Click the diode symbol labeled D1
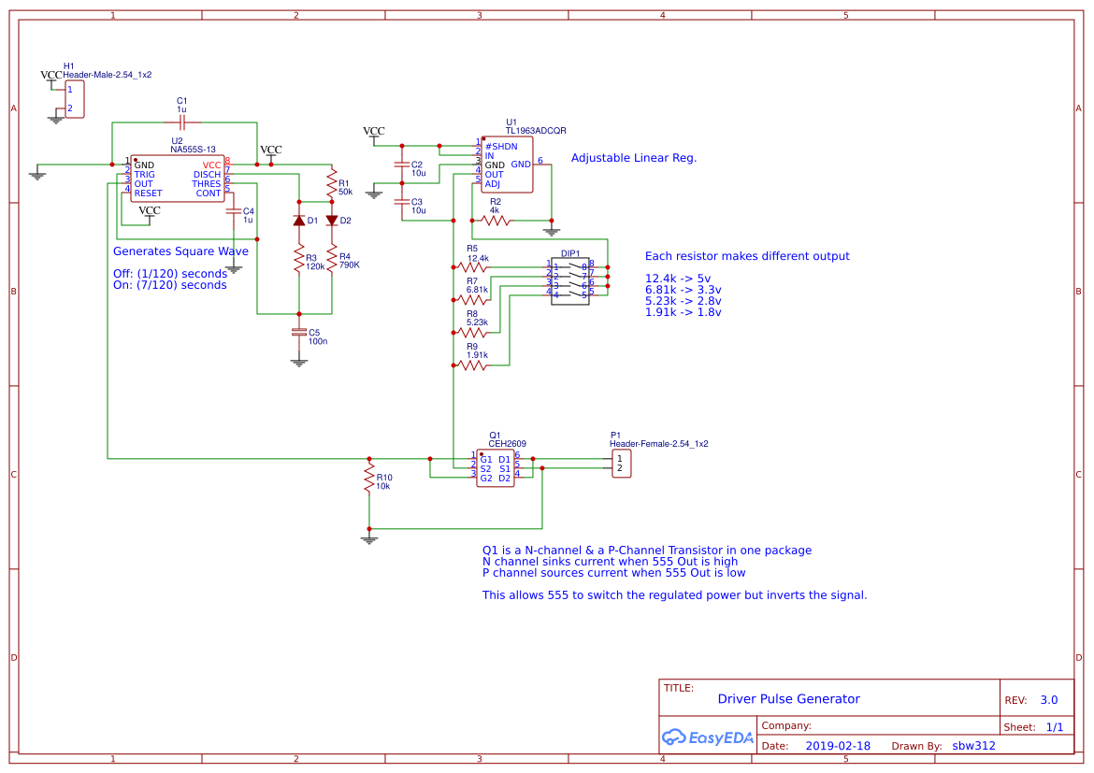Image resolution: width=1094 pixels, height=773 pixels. click(x=299, y=221)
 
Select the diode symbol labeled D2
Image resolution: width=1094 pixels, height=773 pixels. click(x=331, y=221)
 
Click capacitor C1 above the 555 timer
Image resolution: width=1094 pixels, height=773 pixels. click(x=182, y=122)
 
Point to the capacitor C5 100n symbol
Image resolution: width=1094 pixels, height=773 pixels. click(x=299, y=332)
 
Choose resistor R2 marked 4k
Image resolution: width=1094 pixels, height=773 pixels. click(x=495, y=221)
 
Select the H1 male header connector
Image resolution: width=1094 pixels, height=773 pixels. click(x=74, y=99)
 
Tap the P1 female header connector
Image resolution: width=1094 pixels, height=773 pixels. click(x=622, y=464)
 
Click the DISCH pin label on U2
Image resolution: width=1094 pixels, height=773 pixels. click(x=207, y=175)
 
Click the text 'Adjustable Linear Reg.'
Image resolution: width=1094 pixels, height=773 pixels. click(x=633, y=158)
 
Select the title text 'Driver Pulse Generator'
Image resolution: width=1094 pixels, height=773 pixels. click(x=788, y=699)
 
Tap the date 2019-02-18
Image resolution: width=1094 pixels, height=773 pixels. click(x=837, y=746)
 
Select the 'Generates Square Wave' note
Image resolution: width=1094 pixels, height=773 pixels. click(x=180, y=251)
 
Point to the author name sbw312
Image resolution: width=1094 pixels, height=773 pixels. click(x=973, y=746)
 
